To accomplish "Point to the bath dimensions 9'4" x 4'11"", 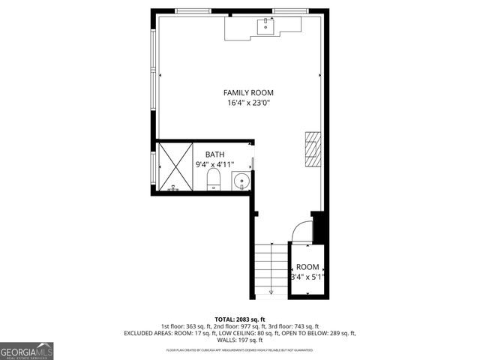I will (215, 164).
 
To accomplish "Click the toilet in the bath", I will (213, 180).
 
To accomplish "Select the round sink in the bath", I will (241, 181).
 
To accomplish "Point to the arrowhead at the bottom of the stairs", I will (271, 292).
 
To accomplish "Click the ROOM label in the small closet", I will (307, 267).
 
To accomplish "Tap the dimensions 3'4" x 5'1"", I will (307, 277).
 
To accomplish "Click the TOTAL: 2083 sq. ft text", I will (239, 319).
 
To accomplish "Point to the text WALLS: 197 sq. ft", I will (240, 340).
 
